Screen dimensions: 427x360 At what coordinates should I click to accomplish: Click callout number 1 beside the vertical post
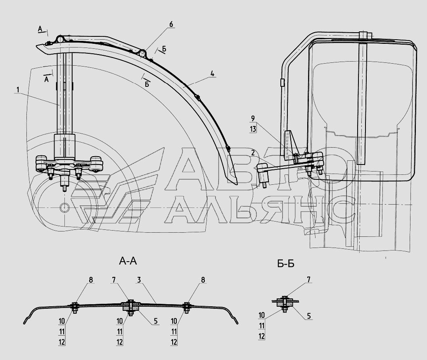pyautogui.click(x=18, y=90)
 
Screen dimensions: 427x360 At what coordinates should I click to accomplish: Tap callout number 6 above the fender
pyautogui.click(x=171, y=24)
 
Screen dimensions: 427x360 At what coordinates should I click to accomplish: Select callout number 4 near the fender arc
pyautogui.click(x=212, y=74)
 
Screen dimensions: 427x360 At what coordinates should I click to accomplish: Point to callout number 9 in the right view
pyautogui.click(x=253, y=119)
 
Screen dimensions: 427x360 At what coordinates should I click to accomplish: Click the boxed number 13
pyautogui.click(x=253, y=129)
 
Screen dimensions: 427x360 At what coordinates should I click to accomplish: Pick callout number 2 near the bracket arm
pyautogui.click(x=253, y=153)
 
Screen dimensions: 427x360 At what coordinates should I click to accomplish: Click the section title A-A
pyautogui.click(x=128, y=261)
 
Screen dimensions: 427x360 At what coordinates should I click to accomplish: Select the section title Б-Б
pyautogui.click(x=286, y=264)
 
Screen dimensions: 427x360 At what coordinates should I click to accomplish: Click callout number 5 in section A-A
pyautogui.click(x=156, y=321)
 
